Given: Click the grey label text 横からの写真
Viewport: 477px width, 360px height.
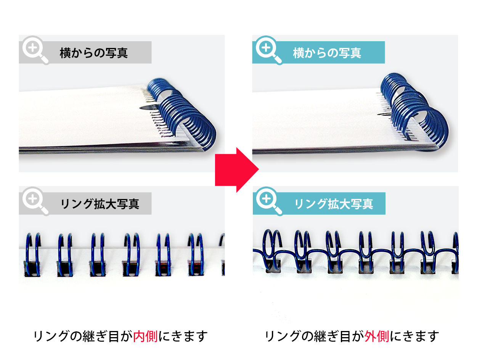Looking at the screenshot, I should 93,53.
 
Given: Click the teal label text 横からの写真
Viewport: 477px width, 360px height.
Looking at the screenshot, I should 327,53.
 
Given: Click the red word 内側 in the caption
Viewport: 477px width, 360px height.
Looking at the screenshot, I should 145,336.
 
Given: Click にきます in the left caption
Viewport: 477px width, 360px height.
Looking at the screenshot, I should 183,336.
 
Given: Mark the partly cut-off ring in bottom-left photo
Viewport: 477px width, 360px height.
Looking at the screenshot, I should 222,254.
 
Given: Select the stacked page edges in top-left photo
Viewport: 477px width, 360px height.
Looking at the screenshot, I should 95,149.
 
